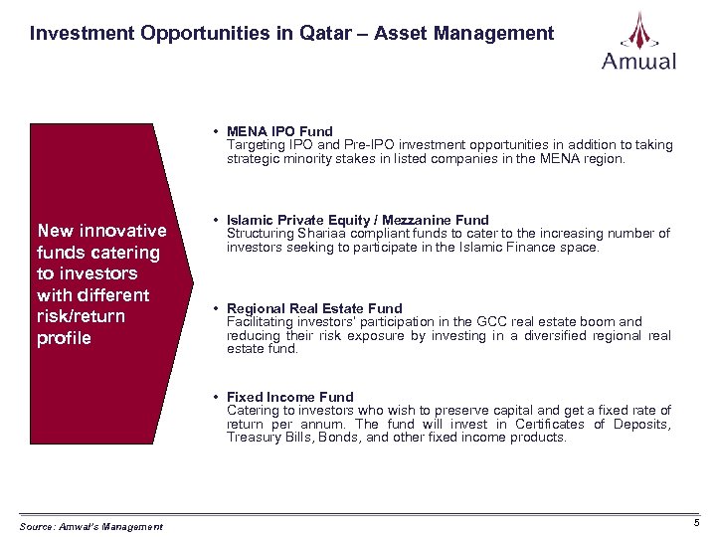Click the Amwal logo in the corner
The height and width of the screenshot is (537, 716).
(638, 41)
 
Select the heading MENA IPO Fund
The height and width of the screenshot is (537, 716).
(279, 130)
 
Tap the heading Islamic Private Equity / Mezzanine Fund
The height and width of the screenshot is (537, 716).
(358, 220)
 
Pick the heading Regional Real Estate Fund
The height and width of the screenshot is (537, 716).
(314, 308)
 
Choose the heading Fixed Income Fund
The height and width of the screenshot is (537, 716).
(290, 397)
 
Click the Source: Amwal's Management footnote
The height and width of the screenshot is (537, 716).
(90, 526)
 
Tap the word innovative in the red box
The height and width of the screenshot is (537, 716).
(123, 231)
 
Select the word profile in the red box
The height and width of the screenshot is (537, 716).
(64, 338)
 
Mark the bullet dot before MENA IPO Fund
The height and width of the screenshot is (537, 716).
(215, 131)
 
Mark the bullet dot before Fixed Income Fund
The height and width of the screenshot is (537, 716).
(215, 398)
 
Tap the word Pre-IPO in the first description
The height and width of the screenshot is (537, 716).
(357, 144)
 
